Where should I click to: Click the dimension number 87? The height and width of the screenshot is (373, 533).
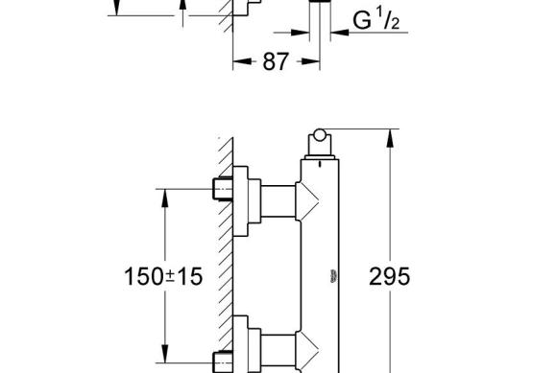pyautogui.click(x=276, y=61)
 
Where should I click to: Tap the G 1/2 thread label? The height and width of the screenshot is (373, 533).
pyautogui.click(x=376, y=21)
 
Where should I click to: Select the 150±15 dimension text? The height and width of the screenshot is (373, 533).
pyautogui.click(x=163, y=276)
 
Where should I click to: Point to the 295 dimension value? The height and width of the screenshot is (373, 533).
pyautogui.click(x=390, y=276)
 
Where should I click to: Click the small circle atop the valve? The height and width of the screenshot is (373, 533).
pyautogui.click(x=319, y=135)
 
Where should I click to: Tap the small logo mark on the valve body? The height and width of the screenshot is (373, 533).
pyautogui.click(x=334, y=276)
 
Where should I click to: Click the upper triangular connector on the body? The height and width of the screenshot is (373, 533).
pyautogui.click(x=307, y=201)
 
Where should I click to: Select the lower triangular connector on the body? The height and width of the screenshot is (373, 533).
pyautogui.click(x=307, y=350)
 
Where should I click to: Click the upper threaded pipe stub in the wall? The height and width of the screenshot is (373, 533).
pyautogui.click(x=223, y=189)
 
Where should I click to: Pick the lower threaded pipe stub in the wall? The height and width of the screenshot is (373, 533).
pyautogui.click(x=223, y=361)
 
